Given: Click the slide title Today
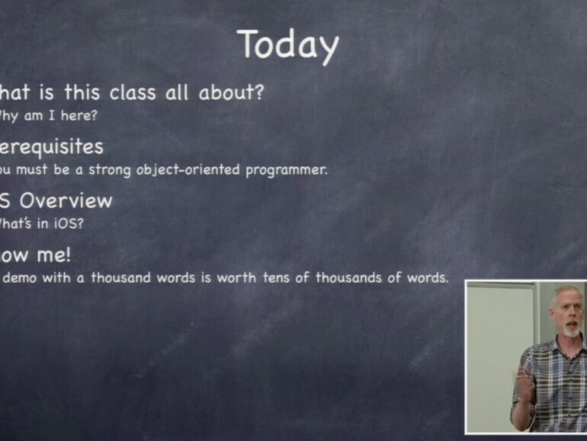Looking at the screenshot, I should click(x=287, y=45).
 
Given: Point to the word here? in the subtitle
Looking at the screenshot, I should click(x=79, y=116).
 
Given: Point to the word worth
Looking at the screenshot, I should click(x=236, y=278).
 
